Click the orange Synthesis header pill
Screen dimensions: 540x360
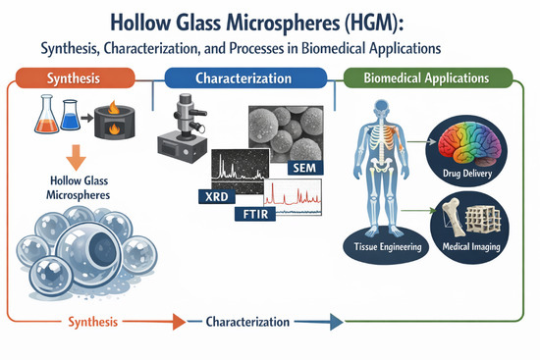tap(75, 78)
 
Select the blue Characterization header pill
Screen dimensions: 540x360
tap(245, 78)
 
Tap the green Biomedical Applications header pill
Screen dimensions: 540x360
tap(428, 77)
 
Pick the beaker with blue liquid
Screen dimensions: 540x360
tap(71, 115)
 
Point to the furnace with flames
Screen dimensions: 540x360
tap(114, 121)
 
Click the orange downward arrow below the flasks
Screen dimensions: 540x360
tap(77, 158)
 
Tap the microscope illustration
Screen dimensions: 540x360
tap(183, 129)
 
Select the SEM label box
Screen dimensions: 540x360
tap(304, 168)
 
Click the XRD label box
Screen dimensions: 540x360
tap(217, 196)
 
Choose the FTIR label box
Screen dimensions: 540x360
tap(255, 214)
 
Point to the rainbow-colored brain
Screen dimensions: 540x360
tap(468, 143)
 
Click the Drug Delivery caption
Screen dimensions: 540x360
tap(467, 173)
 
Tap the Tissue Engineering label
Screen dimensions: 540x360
tap(388, 247)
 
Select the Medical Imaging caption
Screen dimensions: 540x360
tap(471, 246)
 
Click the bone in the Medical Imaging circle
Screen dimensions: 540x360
tap(453, 217)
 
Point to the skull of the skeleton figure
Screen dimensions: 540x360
tap(382, 109)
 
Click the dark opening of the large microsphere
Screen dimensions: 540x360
tap(102, 249)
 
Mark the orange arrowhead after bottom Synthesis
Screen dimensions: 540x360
tap(179, 322)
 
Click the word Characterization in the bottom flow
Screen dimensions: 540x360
tap(247, 322)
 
